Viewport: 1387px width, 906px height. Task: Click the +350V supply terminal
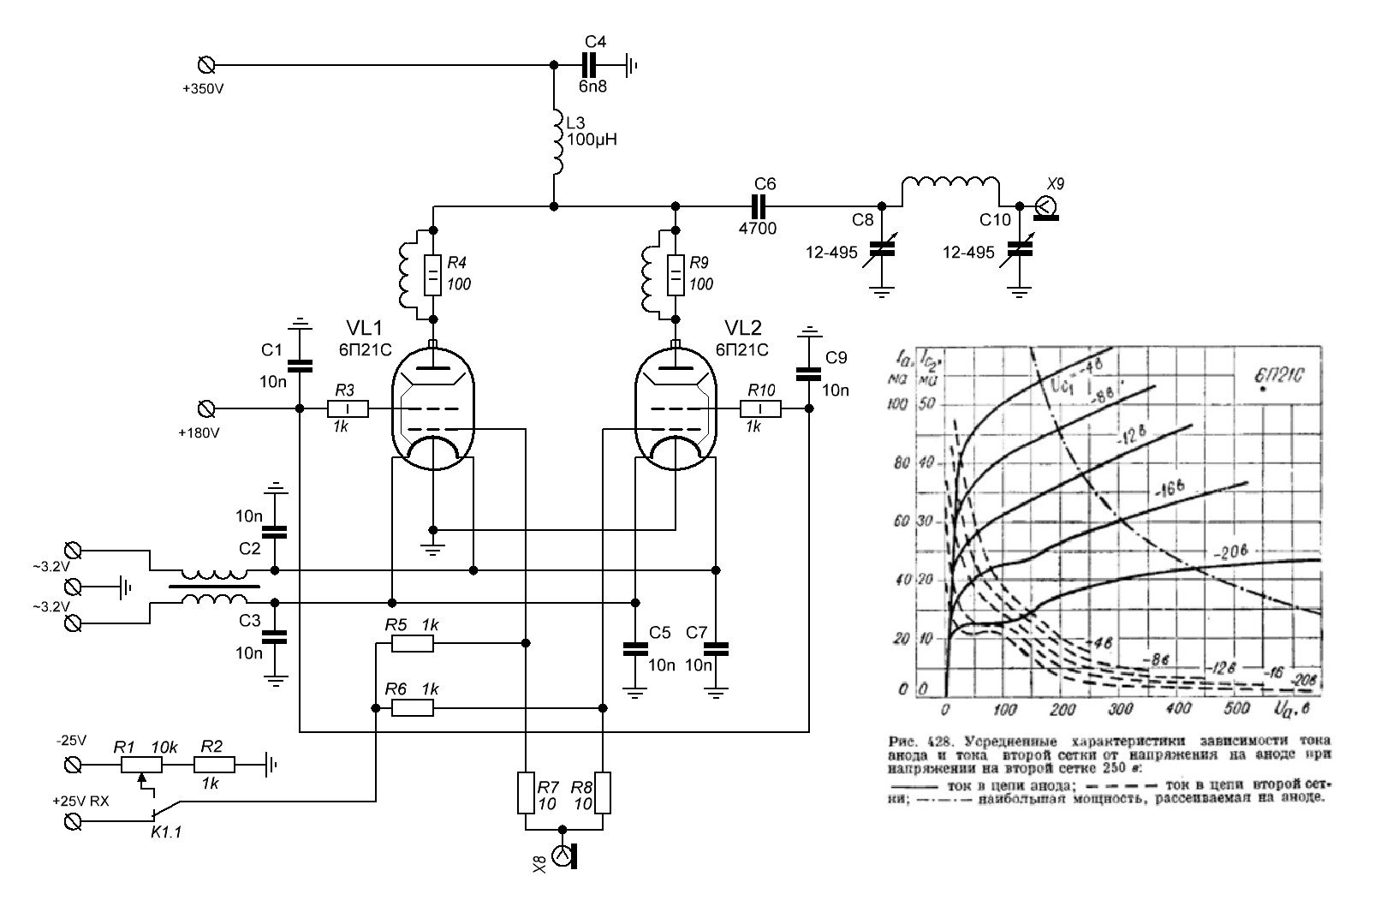tap(205, 65)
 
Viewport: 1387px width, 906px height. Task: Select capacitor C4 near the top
tap(589, 65)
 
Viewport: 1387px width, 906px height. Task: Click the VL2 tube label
tap(743, 328)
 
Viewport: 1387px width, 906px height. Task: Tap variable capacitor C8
tap(882, 248)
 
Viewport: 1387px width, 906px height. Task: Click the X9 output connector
tap(1045, 206)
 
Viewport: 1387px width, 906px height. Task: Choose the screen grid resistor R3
tap(347, 408)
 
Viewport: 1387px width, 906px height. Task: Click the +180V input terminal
tap(205, 408)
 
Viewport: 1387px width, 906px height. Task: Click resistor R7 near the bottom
tap(525, 793)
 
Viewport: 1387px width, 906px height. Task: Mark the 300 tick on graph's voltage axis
tap(1120, 709)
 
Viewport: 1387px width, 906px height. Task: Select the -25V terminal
tap(74, 762)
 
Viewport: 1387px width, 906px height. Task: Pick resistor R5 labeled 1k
tap(413, 643)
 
